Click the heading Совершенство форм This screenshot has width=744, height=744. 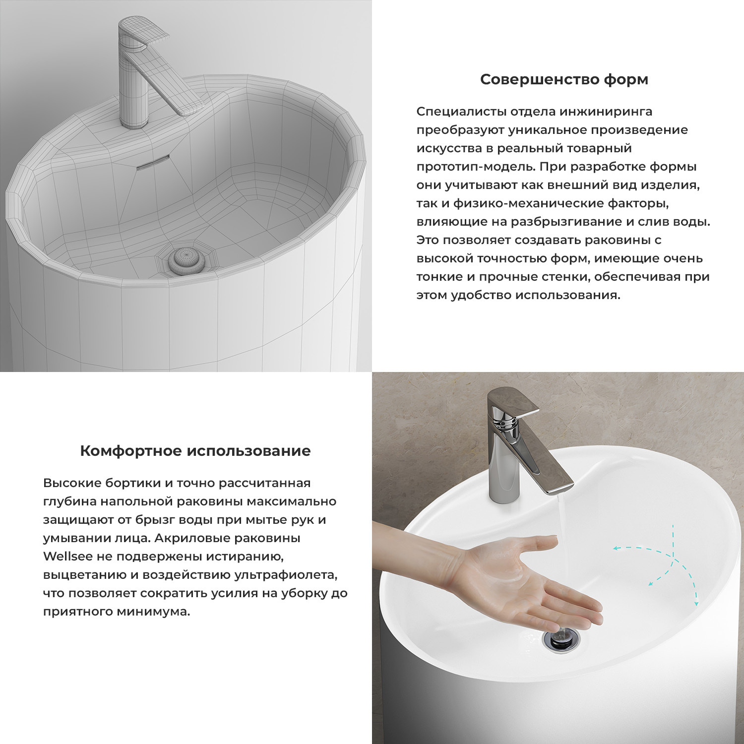[564, 79]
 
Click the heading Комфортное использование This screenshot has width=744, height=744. [195, 451]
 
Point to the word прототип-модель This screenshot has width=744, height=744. [476, 167]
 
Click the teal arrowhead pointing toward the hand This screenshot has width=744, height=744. [616, 549]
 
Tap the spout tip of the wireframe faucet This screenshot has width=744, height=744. [191, 109]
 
